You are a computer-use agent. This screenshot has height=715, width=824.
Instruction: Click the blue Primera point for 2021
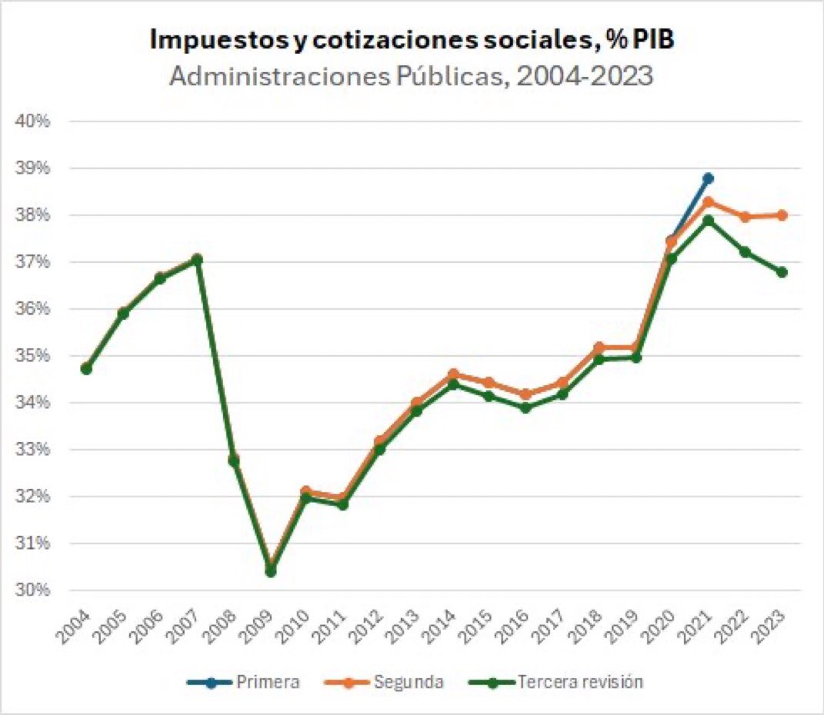(x=708, y=178)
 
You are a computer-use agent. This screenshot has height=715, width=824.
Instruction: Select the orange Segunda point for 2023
(x=782, y=215)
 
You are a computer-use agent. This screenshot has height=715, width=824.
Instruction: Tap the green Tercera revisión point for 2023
(x=782, y=272)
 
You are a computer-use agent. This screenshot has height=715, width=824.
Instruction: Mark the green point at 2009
(x=270, y=571)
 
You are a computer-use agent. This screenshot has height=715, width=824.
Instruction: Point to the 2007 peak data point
(x=197, y=260)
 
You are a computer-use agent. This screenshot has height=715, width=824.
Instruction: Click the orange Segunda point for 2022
(x=745, y=217)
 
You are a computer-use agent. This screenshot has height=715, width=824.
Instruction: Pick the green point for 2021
(x=708, y=221)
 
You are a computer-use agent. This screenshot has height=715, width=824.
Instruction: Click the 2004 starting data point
(x=86, y=369)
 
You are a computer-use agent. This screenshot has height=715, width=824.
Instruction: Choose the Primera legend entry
(x=243, y=681)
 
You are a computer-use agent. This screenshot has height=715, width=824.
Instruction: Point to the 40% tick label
(x=34, y=121)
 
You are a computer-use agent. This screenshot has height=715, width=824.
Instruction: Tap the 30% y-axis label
(x=34, y=590)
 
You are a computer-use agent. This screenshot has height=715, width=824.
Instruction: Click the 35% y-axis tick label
(x=34, y=356)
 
